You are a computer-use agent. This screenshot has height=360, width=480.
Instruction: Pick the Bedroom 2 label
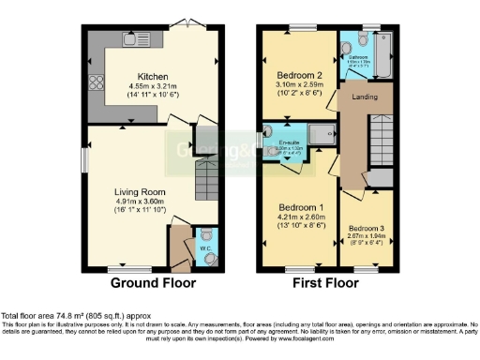tap(299, 76)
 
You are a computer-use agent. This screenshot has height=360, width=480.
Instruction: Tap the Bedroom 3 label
tap(365, 229)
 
